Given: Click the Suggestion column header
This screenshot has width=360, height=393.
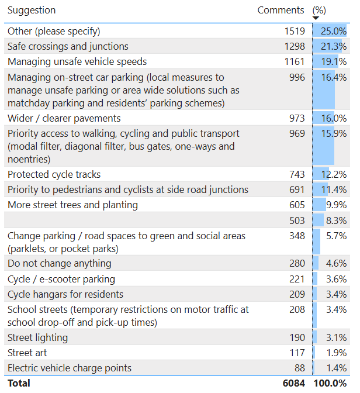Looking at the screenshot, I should tap(32, 11).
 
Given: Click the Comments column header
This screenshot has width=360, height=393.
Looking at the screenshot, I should tap(281, 11).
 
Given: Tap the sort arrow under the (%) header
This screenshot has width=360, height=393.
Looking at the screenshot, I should tap(316, 19).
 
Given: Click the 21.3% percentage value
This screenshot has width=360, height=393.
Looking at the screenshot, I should tap(334, 46).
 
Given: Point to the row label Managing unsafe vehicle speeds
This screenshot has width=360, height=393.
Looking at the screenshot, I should tap(77, 61).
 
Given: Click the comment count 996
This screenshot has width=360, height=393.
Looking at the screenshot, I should tap(297, 77).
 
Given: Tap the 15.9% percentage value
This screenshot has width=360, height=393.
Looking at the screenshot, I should tap(334, 133).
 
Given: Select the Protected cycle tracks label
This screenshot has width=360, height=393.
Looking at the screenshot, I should tap(54, 174).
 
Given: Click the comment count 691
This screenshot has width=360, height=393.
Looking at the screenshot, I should tap(297, 189).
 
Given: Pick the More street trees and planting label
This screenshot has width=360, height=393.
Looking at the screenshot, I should tap(72, 205).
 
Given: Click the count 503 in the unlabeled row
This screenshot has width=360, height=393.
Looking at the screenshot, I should tap(297, 220).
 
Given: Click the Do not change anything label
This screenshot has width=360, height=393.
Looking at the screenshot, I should tap(59, 263).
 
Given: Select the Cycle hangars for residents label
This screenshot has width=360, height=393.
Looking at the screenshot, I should tap(65, 294).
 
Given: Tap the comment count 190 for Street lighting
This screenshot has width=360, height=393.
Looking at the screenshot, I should tap(297, 337).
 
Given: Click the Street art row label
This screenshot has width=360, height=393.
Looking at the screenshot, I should tap(27, 353).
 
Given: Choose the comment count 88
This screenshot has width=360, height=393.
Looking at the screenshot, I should tap(299, 368).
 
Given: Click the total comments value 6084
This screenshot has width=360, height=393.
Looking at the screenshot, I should tap(294, 383).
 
